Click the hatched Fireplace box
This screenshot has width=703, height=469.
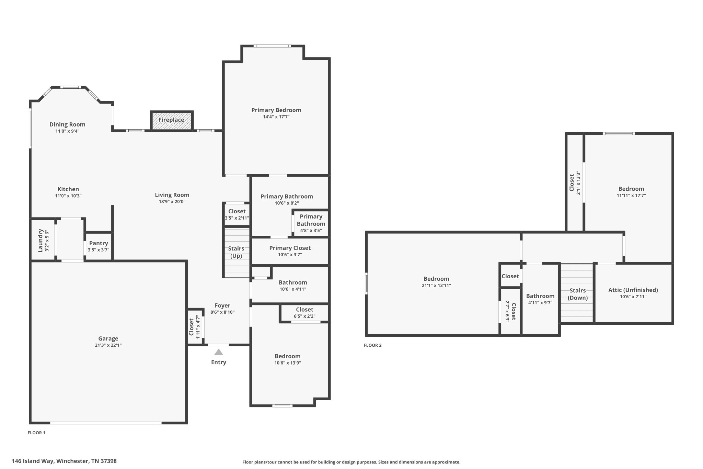(172, 120)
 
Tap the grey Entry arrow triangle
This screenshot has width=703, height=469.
(219, 352)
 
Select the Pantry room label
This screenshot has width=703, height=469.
(99, 243)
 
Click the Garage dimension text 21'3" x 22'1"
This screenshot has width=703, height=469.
(108, 345)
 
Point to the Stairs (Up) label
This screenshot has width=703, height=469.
(236, 252)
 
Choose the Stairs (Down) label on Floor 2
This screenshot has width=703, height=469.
(577, 294)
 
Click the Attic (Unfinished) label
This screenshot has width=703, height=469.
(633, 290)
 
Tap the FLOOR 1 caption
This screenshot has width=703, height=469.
(36, 433)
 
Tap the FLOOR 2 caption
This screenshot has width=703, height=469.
(372, 345)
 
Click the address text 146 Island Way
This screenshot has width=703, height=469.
(33, 461)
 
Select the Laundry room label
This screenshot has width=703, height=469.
(40, 240)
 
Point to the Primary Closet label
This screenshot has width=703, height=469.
(290, 248)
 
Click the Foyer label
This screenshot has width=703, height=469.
(222, 305)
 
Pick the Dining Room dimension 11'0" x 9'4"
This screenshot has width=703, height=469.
(67, 131)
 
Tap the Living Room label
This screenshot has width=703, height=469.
(172, 195)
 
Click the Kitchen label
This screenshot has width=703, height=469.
(68, 189)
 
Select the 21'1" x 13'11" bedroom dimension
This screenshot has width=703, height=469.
(436, 286)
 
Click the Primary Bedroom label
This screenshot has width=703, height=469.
(276, 110)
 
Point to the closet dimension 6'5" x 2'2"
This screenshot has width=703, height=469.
(304, 316)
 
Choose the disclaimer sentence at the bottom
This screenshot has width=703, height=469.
(351, 462)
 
